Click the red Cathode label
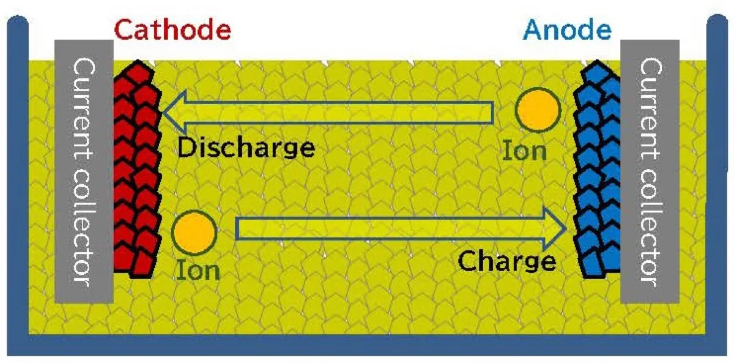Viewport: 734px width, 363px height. pos(172,29)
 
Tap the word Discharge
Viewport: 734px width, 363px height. pos(247,148)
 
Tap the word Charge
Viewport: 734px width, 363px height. pos(507,261)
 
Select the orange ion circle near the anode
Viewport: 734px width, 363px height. pos(538,111)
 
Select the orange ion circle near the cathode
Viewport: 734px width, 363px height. pos(195,233)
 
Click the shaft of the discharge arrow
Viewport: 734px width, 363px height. pos(336,112)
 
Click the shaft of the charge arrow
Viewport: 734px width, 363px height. pos(391,229)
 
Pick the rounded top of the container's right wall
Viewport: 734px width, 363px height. pos(716,24)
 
